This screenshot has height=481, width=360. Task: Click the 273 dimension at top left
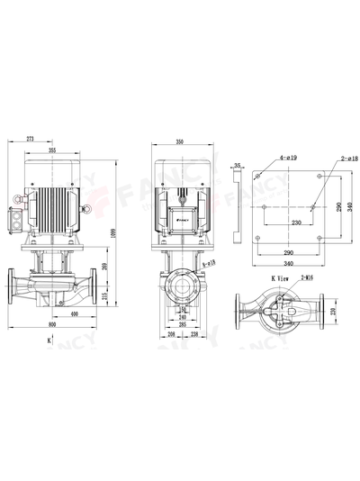click(x=31, y=141)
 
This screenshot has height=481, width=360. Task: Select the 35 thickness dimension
click(x=236, y=166)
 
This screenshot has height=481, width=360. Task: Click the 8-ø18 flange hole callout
click(x=209, y=261)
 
